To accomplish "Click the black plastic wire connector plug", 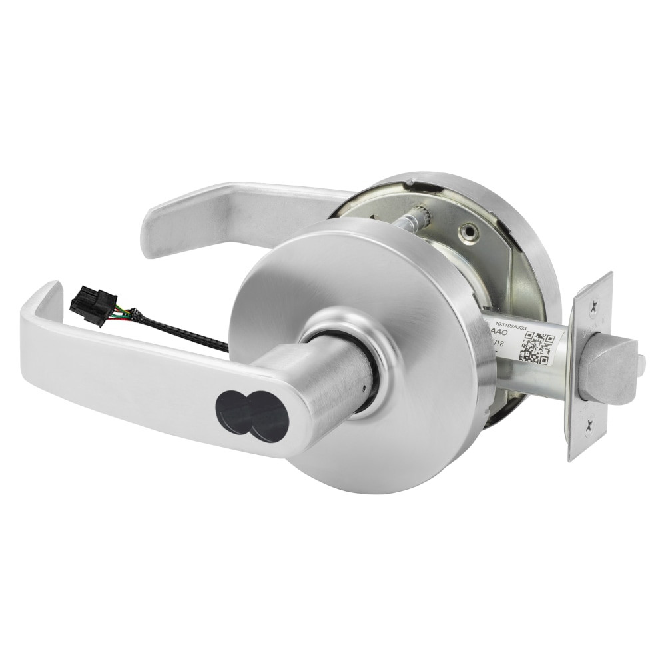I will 93,306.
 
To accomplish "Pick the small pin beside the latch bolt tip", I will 641,363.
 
